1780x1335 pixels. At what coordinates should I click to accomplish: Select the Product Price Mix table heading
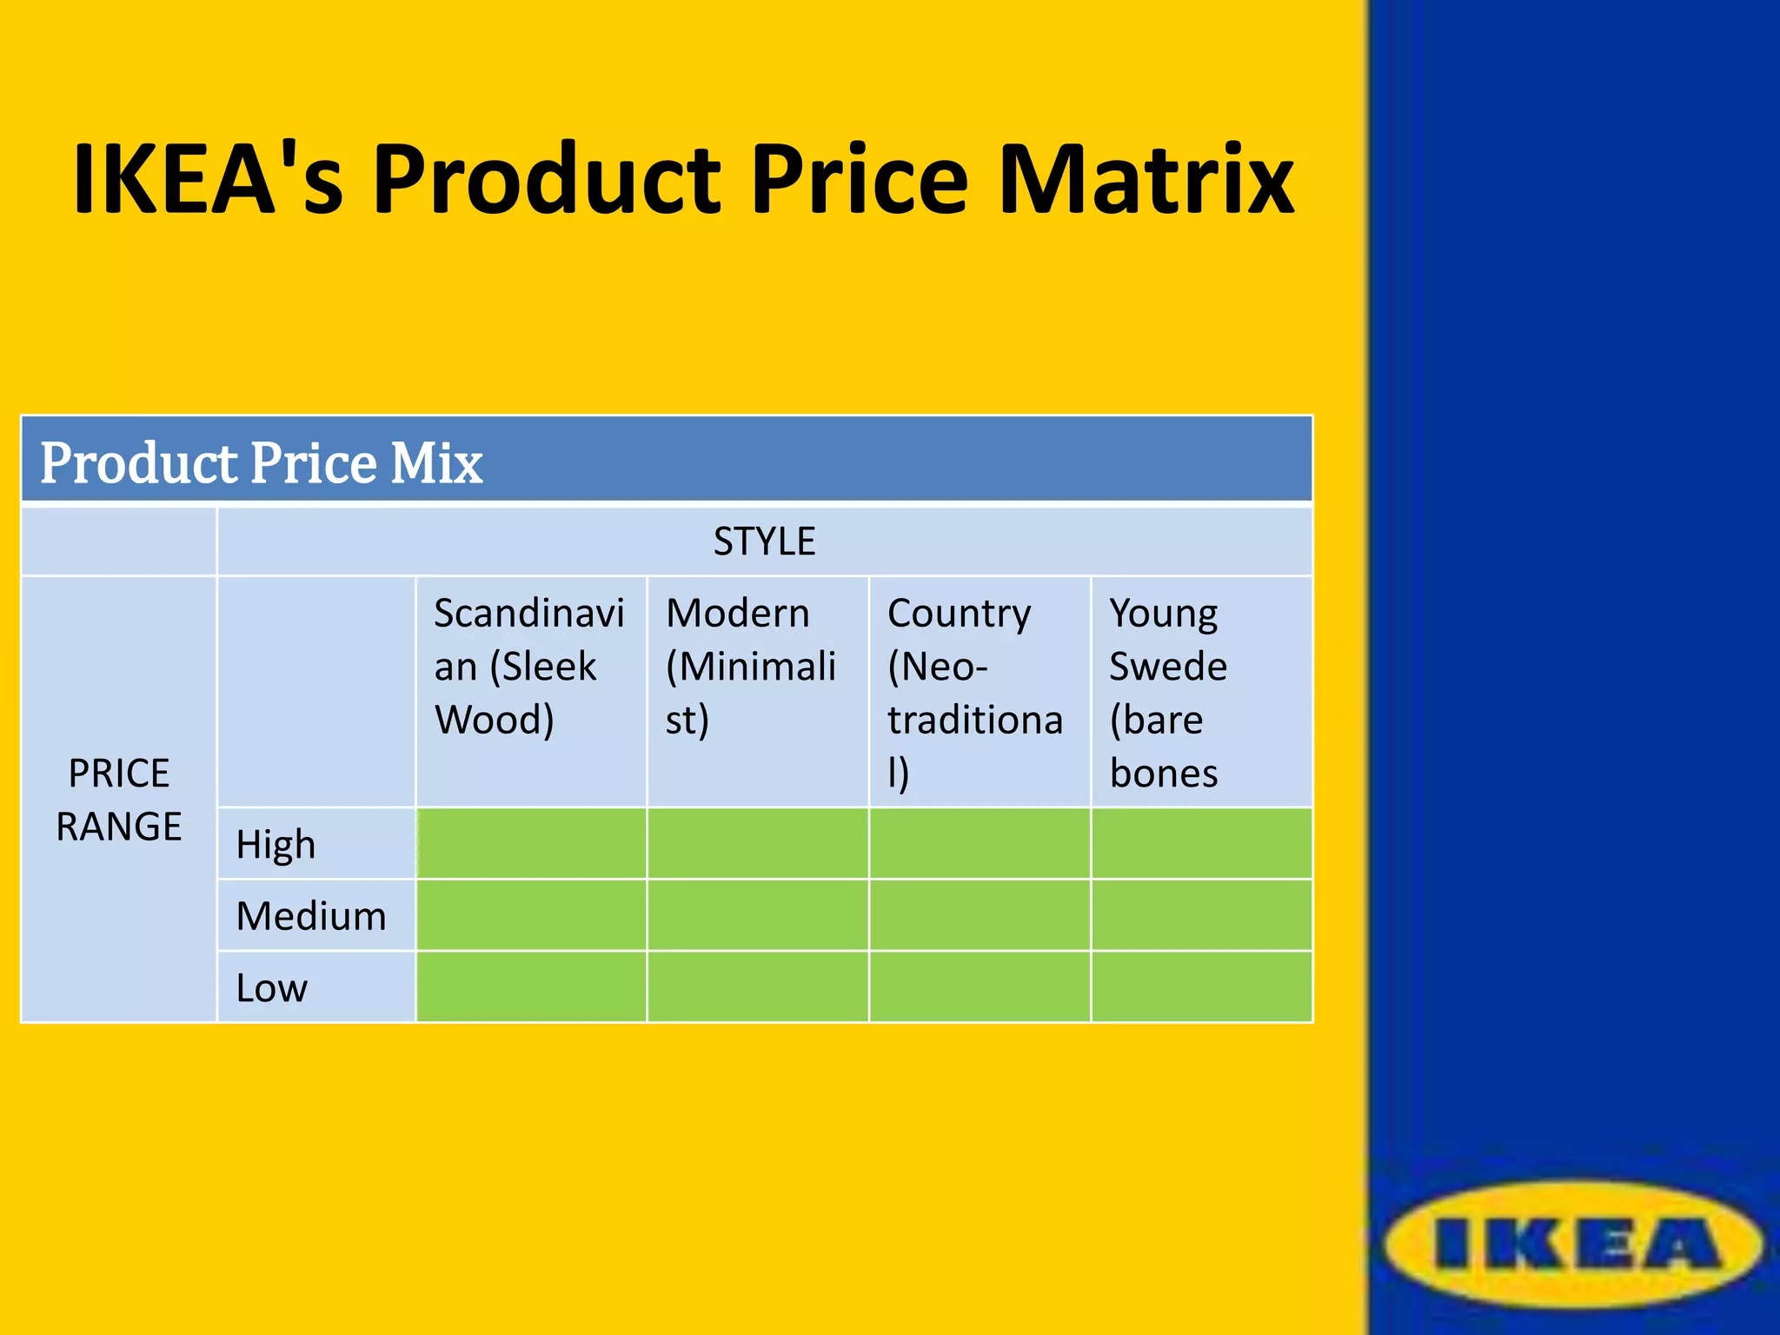click(x=261, y=462)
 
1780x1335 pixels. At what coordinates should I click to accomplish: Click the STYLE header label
click(x=764, y=541)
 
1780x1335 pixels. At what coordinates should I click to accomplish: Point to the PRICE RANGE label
click(x=119, y=800)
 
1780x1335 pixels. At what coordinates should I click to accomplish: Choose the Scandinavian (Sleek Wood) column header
click(x=528, y=667)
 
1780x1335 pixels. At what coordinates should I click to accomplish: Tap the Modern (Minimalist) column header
click(x=751, y=667)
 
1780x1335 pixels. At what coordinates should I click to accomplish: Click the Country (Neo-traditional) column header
click(x=974, y=693)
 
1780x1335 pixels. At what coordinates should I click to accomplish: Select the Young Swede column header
click(x=1168, y=693)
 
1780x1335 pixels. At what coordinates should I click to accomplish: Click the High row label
click(x=276, y=844)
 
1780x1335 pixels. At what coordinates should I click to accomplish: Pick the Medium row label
click(x=311, y=916)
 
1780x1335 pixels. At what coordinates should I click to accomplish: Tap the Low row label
click(x=271, y=988)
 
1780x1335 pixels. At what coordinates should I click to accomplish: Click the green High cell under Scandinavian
click(x=531, y=844)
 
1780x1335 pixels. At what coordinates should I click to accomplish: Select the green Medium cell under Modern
click(x=757, y=915)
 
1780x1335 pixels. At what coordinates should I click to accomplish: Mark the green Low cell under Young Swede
click(x=1201, y=986)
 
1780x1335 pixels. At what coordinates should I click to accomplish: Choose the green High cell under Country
click(x=980, y=844)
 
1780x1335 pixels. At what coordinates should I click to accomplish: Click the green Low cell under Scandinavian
click(x=531, y=986)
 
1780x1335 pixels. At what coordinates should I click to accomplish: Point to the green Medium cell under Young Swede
click(x=1201, y=915)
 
